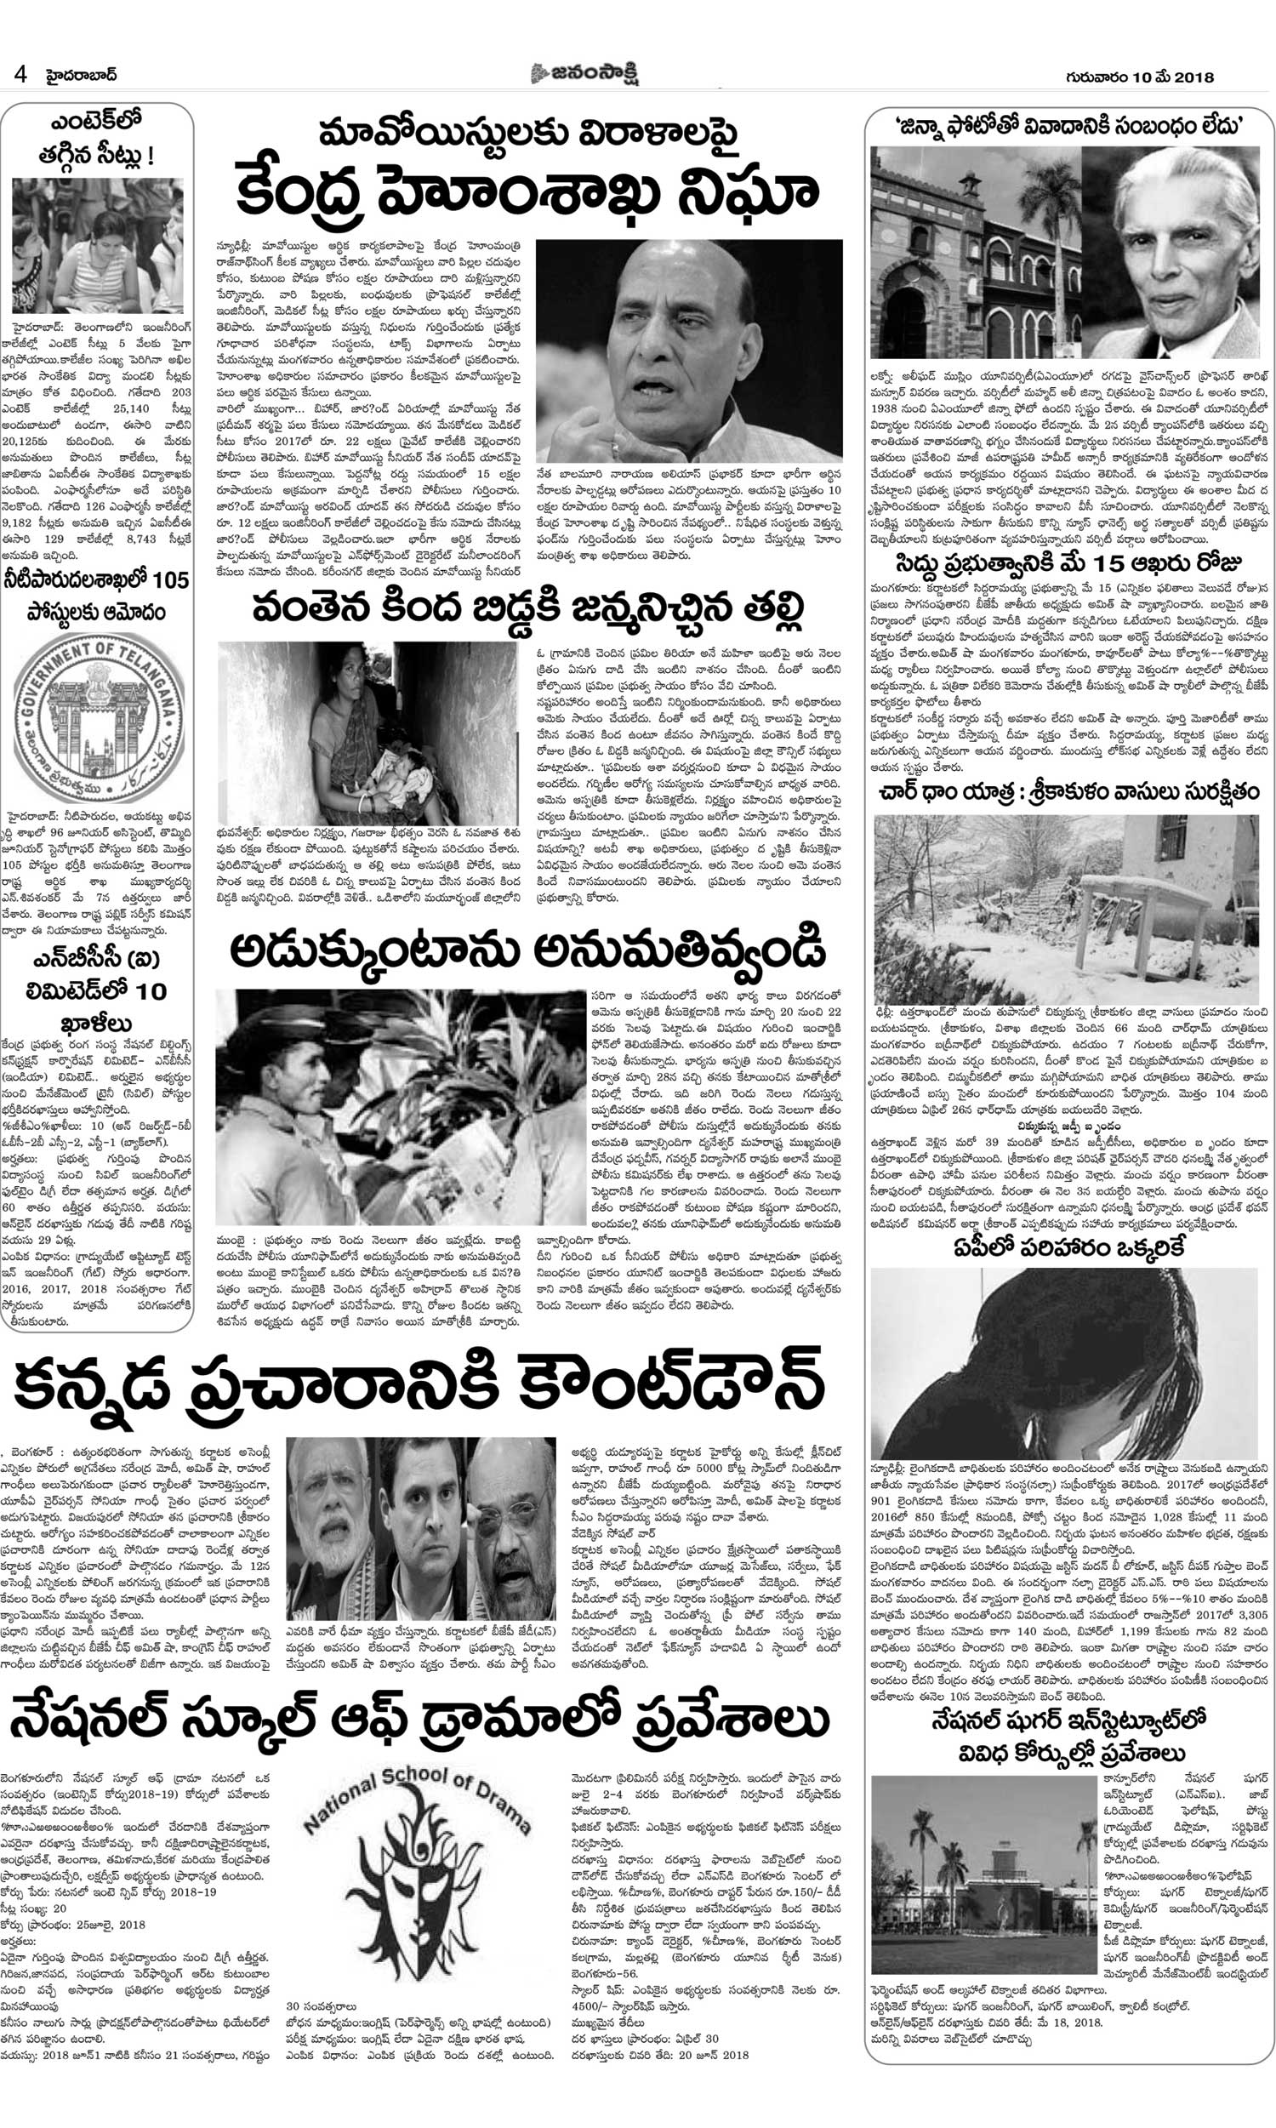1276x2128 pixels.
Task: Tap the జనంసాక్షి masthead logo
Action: pos(584,74)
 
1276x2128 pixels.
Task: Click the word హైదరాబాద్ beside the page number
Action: pos(82,76)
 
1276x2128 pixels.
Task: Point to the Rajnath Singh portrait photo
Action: pos(689,351)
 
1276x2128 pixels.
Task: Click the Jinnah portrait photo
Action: pos(1173,252)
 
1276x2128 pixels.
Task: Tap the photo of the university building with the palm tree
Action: pos(975,252)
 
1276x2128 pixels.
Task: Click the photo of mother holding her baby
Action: pos(367,733)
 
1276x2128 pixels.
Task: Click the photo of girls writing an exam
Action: pos(97,246)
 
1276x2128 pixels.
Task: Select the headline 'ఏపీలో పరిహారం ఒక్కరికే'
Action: pos(1067,1247)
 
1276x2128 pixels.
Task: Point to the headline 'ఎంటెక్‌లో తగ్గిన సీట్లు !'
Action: pos(96,139)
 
